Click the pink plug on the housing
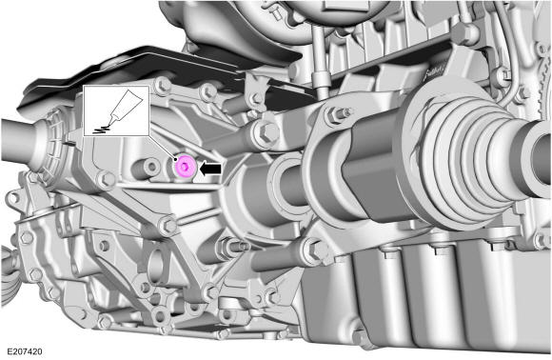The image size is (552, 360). tap(185, 167)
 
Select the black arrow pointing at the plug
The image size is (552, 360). tap(210, 169)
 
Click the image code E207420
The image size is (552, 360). tap(25, 351)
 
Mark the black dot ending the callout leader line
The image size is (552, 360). tap(174, 160)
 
